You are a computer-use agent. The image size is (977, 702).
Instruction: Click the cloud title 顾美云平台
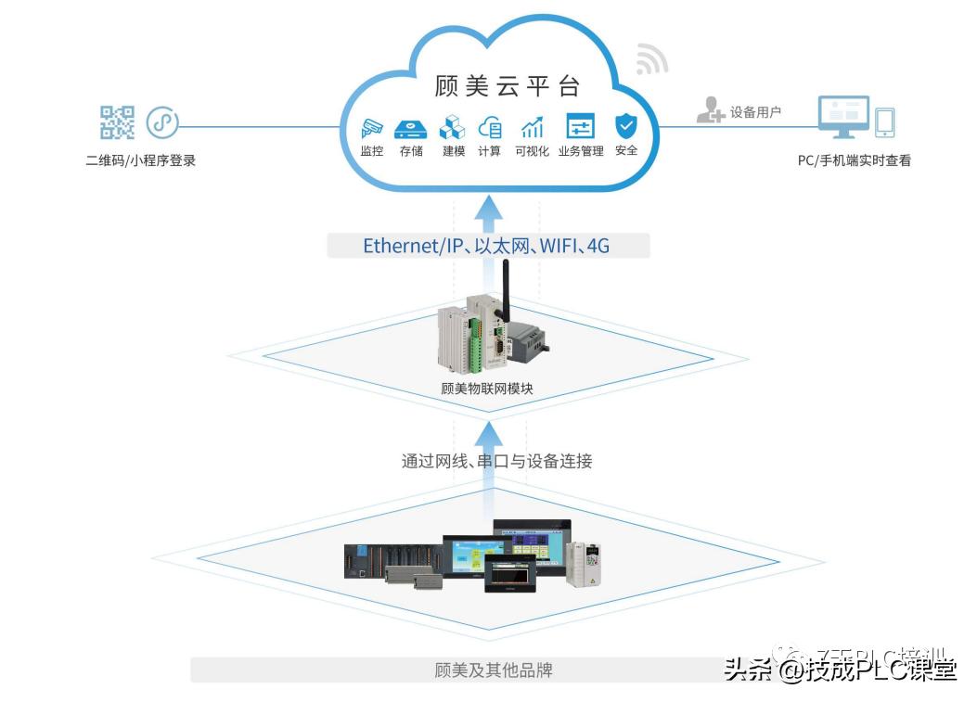point(507,86)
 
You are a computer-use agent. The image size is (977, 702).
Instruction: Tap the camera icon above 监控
point(371,127)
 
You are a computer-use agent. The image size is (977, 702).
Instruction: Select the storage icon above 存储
point(410,128)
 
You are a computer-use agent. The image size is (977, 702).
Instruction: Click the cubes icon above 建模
point(452,127)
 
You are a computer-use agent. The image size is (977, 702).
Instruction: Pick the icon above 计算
point(490,127)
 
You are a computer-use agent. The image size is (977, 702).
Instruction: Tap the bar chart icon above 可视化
point(533,127)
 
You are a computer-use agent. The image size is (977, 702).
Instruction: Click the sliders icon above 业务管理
point(580,127)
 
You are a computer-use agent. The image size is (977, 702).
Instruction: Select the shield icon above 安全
point(626,125)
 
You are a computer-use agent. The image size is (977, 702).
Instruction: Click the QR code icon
point(117,122)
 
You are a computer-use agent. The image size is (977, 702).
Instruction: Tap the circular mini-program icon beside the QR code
point(162,122)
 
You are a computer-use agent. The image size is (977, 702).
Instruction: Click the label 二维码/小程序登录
point(141,160)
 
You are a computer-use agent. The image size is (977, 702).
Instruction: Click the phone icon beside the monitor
point(885,122)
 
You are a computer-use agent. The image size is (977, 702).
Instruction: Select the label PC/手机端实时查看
point(855,160)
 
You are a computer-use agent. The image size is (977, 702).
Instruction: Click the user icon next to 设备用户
point(710,110)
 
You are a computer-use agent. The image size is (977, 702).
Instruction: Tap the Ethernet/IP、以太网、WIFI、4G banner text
point(486,246)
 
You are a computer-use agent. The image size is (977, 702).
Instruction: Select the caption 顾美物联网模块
point(487,389)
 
